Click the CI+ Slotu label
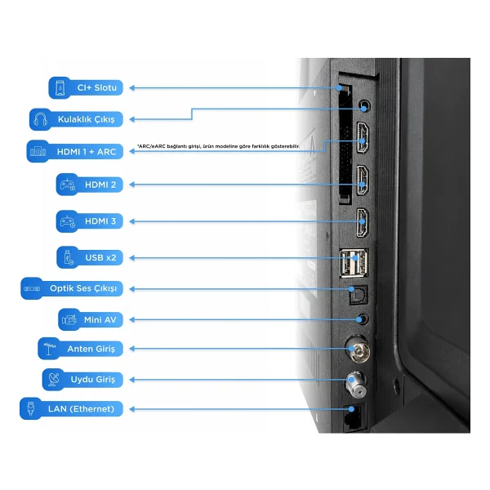pyautogui.click(x=97, y=88)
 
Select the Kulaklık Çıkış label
pyautogui.click(x=87, y=119)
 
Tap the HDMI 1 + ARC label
pyautogui.click(x=87, y=152)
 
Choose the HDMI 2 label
pyautogui.click(x=100, y=185)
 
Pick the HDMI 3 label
pyautogui.click(x=100, y=221)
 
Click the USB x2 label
pyautogui.click(x=100, y=258)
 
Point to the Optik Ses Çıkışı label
pyautogui.click(x=83, y=288)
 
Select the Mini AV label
pyautogui.click(x=100, y=319)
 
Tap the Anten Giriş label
pyautogui.click(x=91, y=349)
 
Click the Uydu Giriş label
pyautogui.click(x=93, y=380)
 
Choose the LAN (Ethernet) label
pyautogui.click(x=81, y=409)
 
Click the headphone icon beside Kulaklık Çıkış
pyautogui.click(x=40, y=119)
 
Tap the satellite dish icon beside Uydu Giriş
pyautogui.click(x=53, y=380)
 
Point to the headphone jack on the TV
pyautogui.click(x=364, y=105)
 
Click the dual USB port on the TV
pyautogui.click(x=354, y=263)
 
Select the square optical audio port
pyautogui.click(x=359, y=295)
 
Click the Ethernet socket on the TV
pyautogui.click(x=354, y=418)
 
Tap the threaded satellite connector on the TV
pyautogui.click(x=356, y=385)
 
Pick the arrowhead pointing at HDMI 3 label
pyautogui.click(x=132, y=221)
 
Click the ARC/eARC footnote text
pyautogui.click(x=218, y=146)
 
